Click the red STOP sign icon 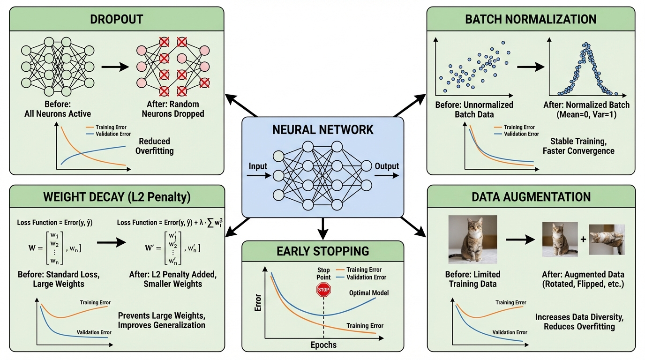[x=323, y=290]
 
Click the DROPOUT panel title [x=116, y=19]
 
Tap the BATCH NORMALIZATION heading [x=531, y=19]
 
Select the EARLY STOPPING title [x=322, y=251]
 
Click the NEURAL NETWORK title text [x=322, y=129]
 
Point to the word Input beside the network [x=258, y=166]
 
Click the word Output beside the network [x=387, y=166]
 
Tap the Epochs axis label [x=323, y=345]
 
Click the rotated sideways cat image [x=607, y=239]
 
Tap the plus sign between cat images [x=583, y=240]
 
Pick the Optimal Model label [x=369, y=293]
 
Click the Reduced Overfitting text [x=154, y=146]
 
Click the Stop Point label [x=323, y=273]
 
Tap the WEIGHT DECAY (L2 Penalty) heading [x=117, y=197]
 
